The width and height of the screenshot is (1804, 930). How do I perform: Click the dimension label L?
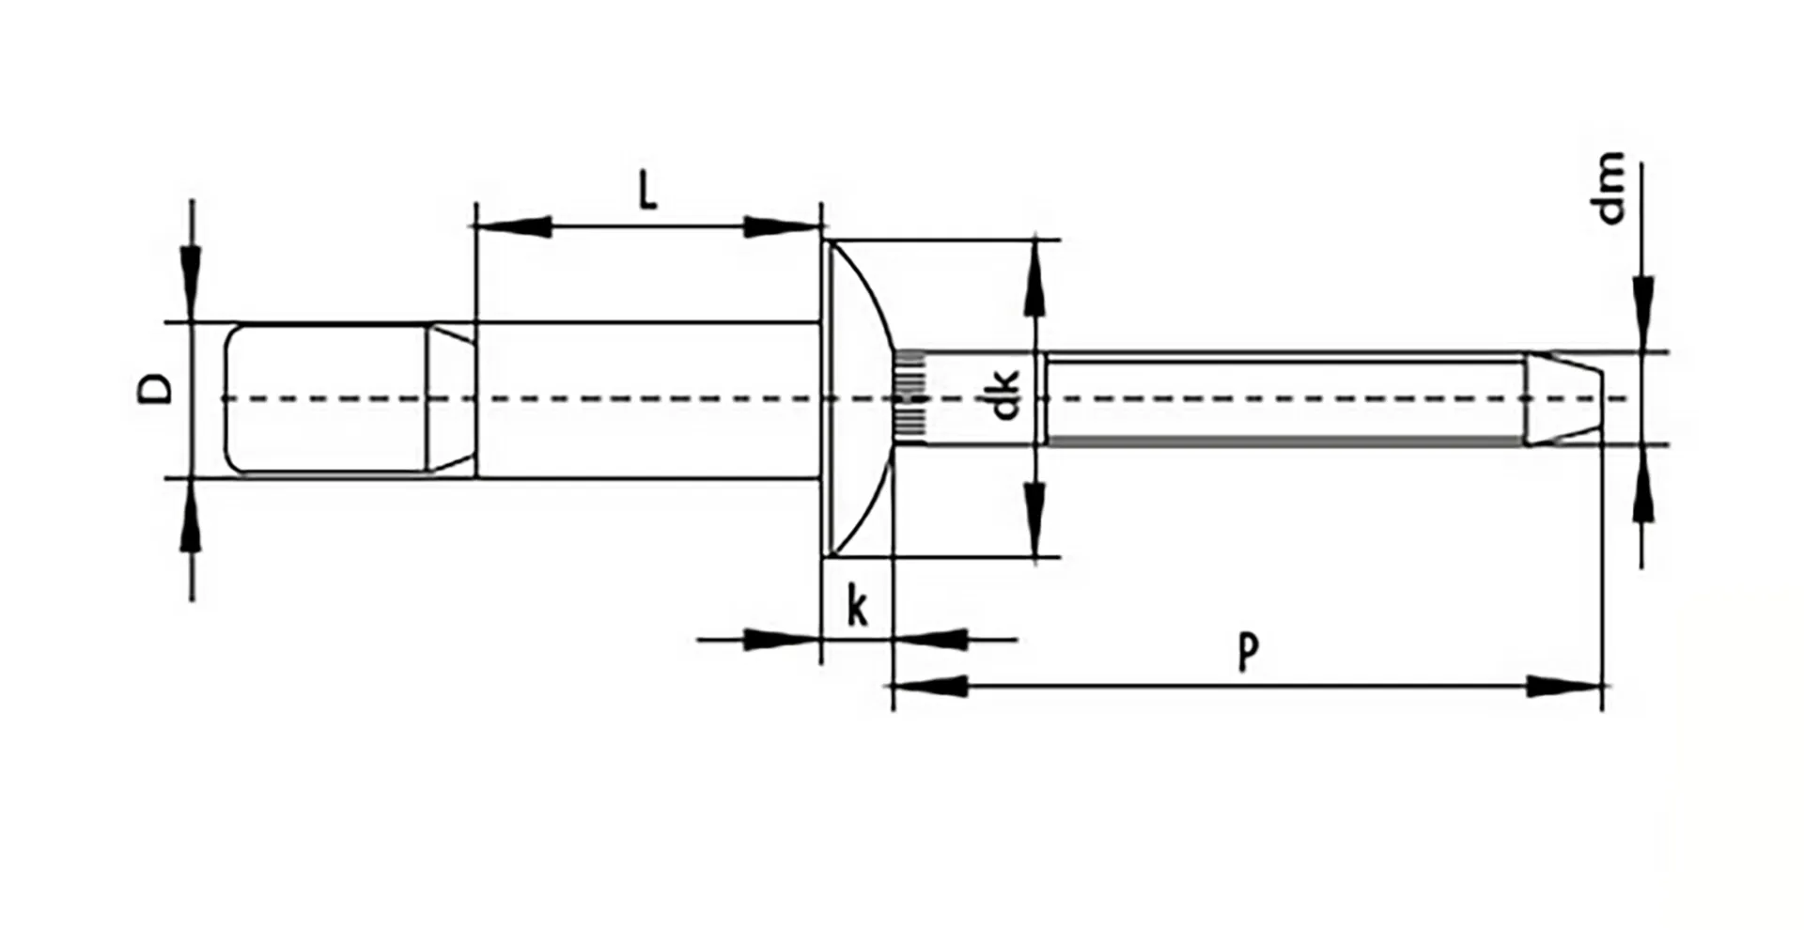[x=647, y=192]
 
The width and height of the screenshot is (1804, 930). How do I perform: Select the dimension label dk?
[x=1005, y=395]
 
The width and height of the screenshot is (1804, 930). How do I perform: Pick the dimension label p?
[x=1247, y=651]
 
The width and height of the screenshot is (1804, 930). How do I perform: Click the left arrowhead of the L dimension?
[x=512, y=226]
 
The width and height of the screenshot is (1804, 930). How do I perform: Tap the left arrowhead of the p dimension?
[x=930, y=687]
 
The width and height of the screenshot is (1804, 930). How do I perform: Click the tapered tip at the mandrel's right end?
[x=1562, y=398]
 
